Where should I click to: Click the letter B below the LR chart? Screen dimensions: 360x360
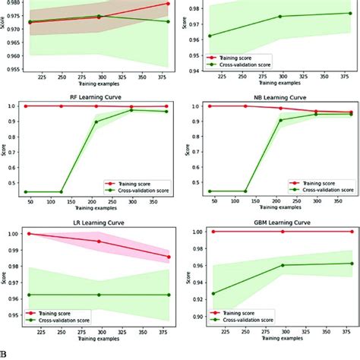[4, 353]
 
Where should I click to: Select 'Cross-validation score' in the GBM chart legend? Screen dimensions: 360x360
[321, 322]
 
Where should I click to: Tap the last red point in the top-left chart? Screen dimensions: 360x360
[168, 4]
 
